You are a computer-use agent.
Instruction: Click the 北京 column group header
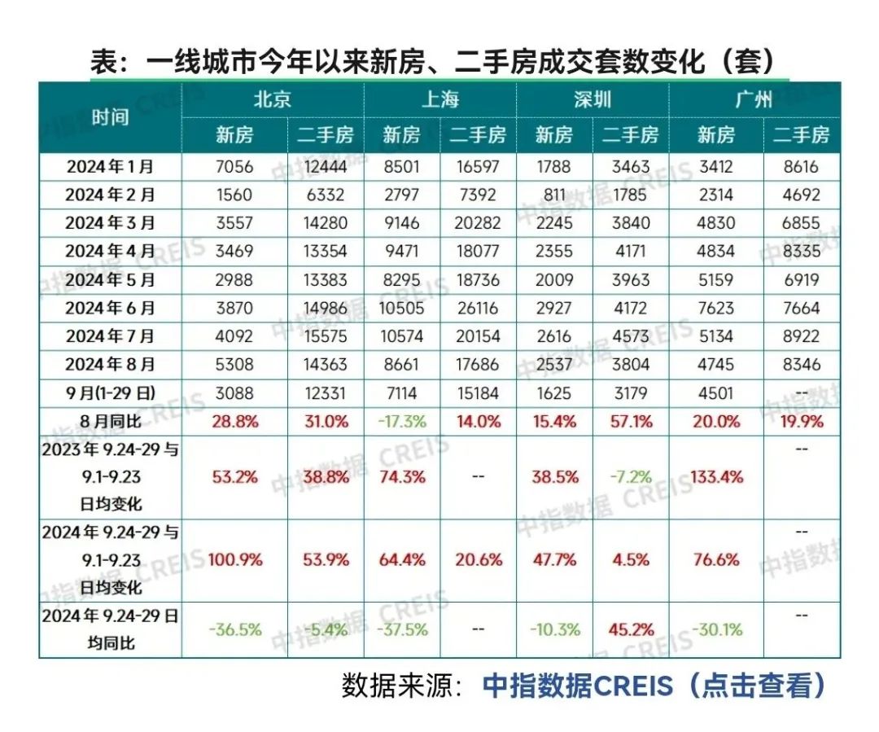272,100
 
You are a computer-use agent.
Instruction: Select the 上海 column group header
440,100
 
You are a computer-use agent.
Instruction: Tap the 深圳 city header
592,100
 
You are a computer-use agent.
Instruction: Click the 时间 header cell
110,116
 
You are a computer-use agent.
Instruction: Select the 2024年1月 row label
110,167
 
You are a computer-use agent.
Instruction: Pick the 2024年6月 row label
110,308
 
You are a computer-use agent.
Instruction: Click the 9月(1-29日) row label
110,393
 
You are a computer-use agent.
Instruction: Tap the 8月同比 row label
110,421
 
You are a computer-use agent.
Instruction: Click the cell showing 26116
479,308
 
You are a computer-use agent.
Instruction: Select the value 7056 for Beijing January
234,167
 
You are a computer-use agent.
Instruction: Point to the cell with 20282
479,223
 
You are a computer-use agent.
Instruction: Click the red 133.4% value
716,476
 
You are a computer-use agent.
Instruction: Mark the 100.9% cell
234,560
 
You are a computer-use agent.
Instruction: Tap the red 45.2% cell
630,629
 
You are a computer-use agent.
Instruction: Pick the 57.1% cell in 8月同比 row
630,421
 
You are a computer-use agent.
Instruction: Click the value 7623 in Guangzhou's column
716,308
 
